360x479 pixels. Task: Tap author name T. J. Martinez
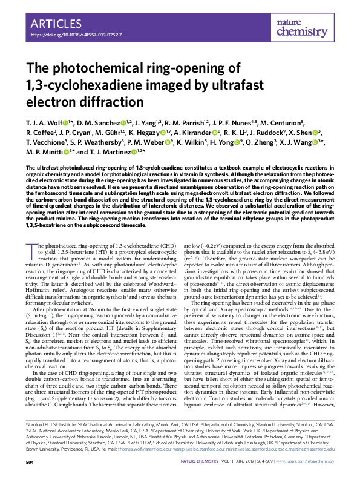[x=114, y=152]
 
